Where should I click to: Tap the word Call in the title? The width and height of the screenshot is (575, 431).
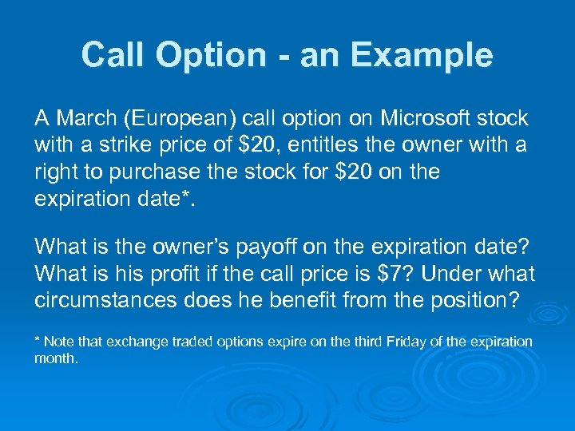(x=113, y=55)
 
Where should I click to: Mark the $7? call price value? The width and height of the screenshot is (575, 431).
(x=395, y=274)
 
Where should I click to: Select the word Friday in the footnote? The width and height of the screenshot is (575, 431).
(x=410, y=342)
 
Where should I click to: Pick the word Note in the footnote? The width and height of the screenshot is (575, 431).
(x=57, y=342)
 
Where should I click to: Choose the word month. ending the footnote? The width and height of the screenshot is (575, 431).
(x=57, y=359)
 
